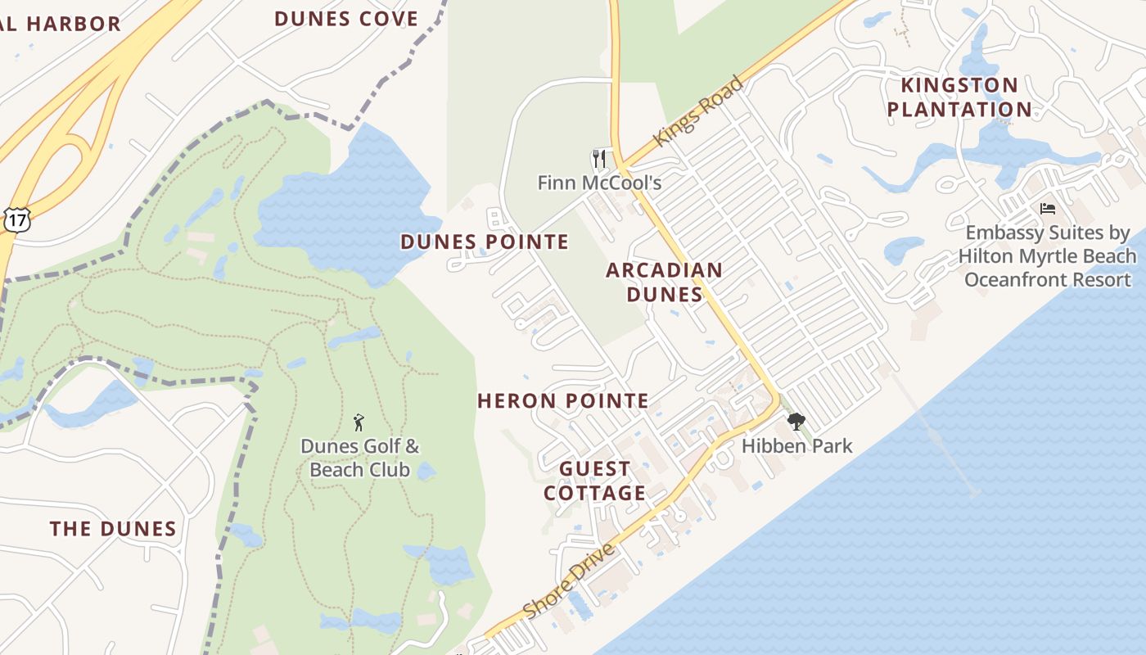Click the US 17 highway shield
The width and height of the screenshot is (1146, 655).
(16, 219)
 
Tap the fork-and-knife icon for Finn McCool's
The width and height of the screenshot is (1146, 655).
(600, 158)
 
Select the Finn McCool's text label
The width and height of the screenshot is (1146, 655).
(599, 182)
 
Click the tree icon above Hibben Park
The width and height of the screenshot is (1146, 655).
(796, 422)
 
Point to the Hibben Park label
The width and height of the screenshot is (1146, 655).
(796, 446)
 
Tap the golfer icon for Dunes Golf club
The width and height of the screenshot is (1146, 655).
(358, 422)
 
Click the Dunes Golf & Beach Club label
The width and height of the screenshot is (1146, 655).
(359, 458)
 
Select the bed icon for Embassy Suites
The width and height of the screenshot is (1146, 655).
(1047, 209)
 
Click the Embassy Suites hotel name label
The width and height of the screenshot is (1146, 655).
(1048, 256)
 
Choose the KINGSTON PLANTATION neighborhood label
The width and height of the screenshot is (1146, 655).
(959, 97)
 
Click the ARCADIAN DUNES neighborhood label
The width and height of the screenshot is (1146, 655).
(664, 282)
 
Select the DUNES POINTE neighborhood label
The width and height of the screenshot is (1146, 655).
(484, 242)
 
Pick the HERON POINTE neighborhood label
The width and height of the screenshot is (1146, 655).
(562, 400)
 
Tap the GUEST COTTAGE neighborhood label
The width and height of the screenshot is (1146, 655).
(595, 481)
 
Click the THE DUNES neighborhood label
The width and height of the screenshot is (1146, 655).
(113, 529)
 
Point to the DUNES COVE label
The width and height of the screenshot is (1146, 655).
(345, 19)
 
